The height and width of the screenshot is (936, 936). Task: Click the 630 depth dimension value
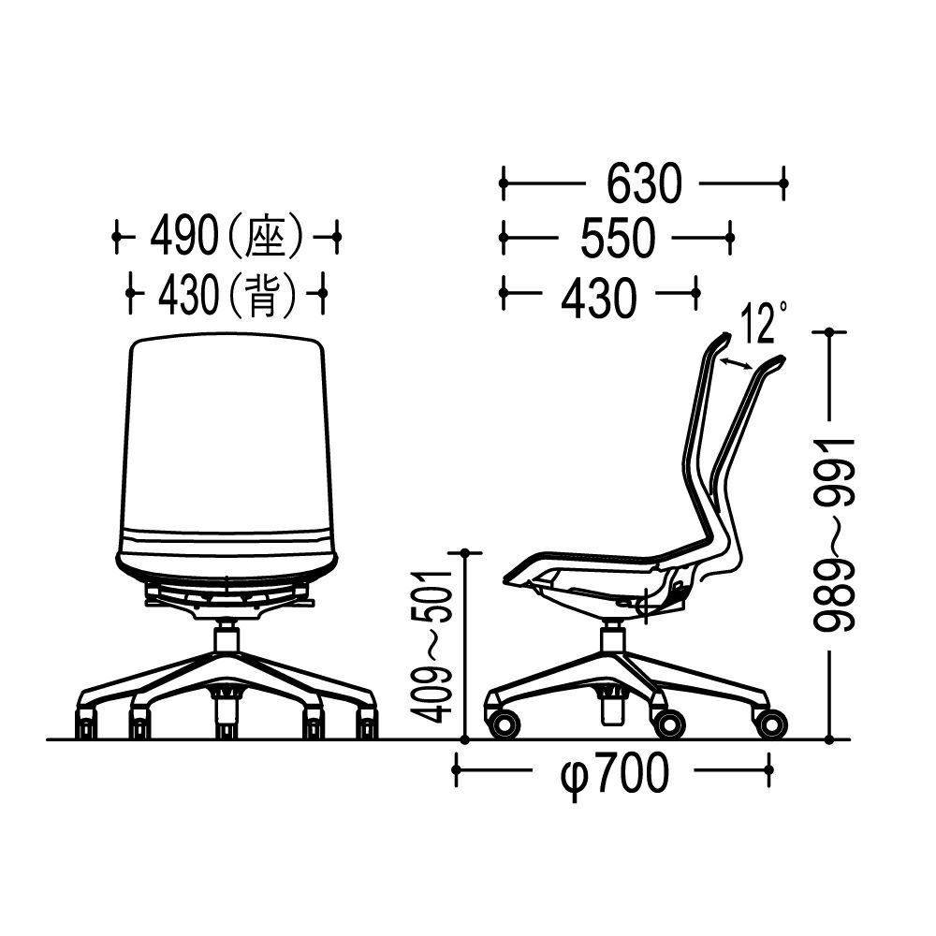644,183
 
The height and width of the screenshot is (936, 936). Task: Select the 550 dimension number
618,238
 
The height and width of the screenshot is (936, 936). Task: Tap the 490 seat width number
183,237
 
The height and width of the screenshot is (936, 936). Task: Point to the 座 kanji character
263,237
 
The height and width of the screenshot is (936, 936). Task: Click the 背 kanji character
262,294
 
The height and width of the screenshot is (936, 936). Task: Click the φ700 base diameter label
614,775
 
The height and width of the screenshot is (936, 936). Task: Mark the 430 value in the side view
599,297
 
